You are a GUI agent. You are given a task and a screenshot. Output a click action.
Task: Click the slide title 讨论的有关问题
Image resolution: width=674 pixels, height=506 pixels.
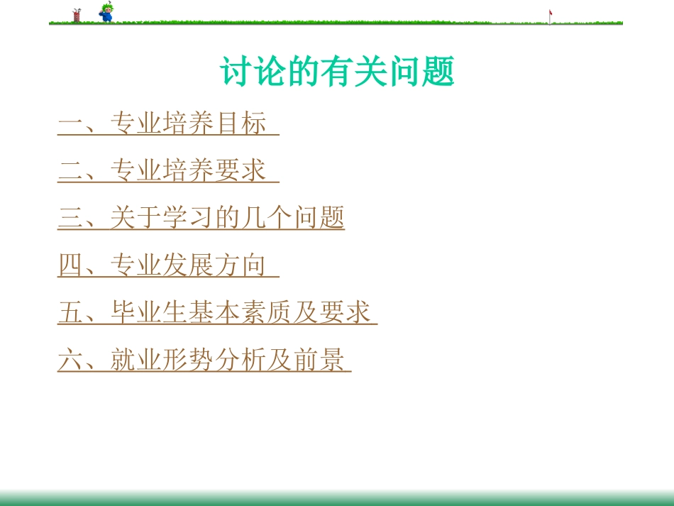(337, 72)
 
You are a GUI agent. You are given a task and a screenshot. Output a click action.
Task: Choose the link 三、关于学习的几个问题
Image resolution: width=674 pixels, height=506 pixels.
(201, 218)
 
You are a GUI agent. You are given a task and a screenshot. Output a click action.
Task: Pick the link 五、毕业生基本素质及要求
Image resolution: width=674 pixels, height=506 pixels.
(217, 312)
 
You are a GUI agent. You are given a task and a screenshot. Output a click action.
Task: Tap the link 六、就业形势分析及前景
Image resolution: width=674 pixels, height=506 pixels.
(204, 360)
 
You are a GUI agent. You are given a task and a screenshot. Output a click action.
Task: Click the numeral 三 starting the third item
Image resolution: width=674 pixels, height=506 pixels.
(70, 218)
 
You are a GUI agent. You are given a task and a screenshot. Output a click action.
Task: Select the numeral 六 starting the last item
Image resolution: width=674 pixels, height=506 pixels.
(70, 360)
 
